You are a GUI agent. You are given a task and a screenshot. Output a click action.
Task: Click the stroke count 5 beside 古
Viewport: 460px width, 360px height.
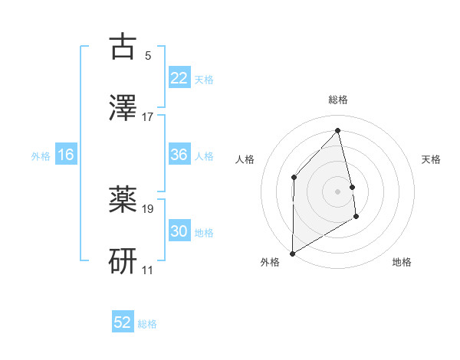148,56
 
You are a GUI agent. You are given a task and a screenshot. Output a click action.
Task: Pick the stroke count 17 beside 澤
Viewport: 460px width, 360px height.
148,117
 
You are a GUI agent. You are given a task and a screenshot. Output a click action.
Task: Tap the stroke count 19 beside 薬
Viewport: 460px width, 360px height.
148,208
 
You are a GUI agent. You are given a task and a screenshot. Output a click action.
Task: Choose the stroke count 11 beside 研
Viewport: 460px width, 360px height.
148,270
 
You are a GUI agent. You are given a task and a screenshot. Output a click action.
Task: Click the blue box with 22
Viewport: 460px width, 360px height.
179,78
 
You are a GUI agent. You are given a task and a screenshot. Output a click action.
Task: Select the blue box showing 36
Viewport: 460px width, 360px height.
179,155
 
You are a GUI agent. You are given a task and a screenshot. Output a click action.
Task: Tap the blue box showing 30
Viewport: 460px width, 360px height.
179,231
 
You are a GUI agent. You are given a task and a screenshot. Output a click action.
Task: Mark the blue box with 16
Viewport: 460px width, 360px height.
66,155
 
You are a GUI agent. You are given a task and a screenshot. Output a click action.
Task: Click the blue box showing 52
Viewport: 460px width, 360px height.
123,322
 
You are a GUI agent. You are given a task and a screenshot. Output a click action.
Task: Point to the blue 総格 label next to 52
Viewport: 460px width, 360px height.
147,324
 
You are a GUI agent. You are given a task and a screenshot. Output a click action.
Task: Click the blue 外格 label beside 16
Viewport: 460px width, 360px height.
41,156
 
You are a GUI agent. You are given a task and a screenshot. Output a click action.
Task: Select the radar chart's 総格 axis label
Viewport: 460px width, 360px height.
338,100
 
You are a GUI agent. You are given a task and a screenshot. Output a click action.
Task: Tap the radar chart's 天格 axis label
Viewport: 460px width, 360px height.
432,159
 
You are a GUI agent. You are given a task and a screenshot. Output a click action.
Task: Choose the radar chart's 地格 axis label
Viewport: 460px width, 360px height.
402,263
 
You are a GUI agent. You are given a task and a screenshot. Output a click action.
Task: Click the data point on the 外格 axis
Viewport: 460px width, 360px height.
292,253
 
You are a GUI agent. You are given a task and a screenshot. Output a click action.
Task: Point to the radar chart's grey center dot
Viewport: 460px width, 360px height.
338,191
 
